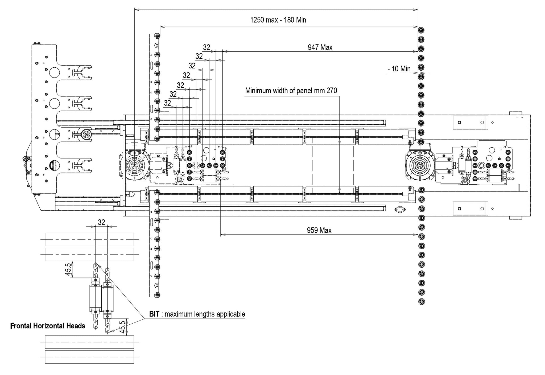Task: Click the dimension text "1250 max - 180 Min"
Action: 278,20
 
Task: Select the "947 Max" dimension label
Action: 320,47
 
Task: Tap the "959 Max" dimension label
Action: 319,230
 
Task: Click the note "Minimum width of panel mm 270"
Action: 291,91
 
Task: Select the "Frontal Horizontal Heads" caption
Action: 48,326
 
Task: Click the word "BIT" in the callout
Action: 154,314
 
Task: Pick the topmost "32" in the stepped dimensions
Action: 207,47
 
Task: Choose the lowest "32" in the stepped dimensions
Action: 167,103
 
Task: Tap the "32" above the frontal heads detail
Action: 101,222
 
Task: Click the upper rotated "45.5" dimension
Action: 68,269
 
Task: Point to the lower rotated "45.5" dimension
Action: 122,327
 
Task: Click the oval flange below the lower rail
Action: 400,210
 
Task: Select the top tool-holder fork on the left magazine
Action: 82,72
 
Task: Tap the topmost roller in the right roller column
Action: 421,30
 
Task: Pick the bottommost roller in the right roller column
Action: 422,301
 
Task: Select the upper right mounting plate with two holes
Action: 470,123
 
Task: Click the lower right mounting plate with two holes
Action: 470,209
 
